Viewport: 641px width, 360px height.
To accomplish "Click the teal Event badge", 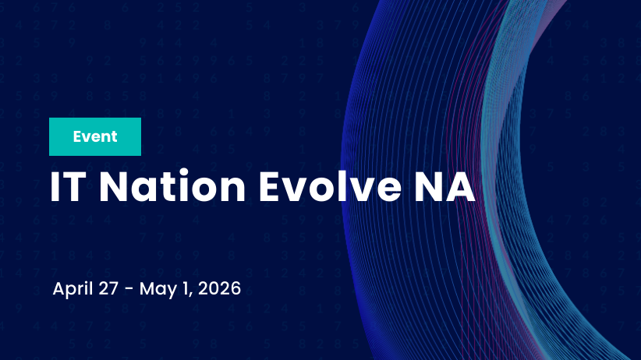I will (x=95, y=137).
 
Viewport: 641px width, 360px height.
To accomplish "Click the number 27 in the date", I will (x=108, y=288).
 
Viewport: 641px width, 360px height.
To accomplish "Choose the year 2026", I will (x=219, y=288).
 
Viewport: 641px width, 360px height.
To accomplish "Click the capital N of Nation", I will (x=117, y=187).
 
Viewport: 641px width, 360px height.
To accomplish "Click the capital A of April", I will (x=59, y=288).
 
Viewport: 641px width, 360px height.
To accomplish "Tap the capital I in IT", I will (x=55, y=187).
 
